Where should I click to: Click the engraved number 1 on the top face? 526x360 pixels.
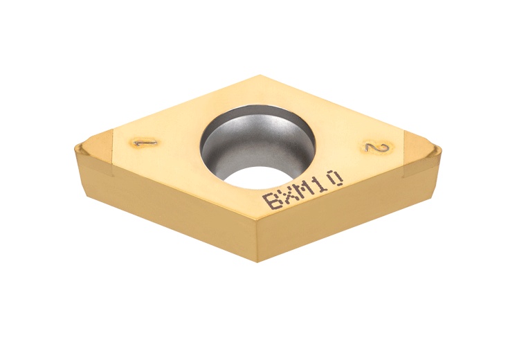coord(145,142)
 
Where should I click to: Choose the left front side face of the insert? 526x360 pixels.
coord(166,208)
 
